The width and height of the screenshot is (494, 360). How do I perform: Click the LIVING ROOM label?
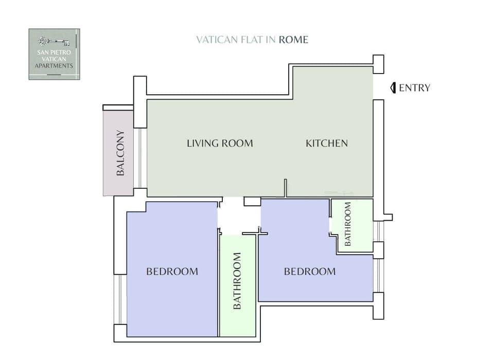(x=220, y=143)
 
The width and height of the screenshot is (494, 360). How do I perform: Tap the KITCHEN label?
(x=327, y=143)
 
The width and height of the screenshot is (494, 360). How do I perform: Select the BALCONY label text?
(x=120, y=153)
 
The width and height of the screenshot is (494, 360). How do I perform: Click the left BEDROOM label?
(x=172, y=271)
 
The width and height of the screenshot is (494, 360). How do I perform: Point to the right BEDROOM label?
(x=310, y=271)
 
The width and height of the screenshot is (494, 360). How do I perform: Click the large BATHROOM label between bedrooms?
(x=237, y=281)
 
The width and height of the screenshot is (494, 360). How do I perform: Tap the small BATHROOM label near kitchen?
(x=348, y=224)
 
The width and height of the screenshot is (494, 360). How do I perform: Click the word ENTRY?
(x=414, y=87)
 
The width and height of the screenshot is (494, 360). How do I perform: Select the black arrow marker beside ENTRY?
(x=393, y=87)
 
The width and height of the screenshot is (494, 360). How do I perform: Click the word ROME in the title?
(x=293, y=40)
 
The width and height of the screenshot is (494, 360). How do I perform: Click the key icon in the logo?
(x=54, y=41)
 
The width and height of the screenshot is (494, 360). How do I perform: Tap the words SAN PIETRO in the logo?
(x=54, y=53)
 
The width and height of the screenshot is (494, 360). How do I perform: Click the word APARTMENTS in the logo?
(x=54, y=66)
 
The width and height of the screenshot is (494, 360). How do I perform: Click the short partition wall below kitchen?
(x=285, y=188)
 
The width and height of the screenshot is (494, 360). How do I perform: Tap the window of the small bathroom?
(x=378, y=231)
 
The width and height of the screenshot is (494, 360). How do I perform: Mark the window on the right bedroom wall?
(x=378, y=275)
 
